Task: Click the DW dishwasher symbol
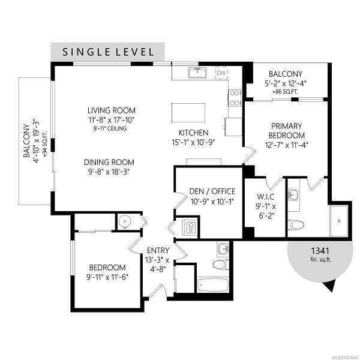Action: click(x=221, y=73)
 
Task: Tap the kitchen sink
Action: click(x=197, y=73)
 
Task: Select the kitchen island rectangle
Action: click(x=188, y=113)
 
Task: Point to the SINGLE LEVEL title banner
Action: click(x=107, y=52)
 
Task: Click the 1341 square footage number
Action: click(x=320, y=251)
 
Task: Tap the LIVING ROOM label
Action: click(x=112, y=110)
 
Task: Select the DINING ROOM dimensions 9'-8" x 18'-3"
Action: click(x=109, y=172)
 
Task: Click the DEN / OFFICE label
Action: click(x=212, y=191)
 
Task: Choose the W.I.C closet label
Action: click(x=265, y=197)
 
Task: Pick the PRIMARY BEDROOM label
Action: click(x=286, y=131)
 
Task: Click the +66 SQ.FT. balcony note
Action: click(x=285, y=92)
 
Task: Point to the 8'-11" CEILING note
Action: click(x=110, y=128)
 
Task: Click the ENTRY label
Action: click(x=158, y=250)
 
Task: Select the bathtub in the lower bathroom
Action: click(x=212, y=284)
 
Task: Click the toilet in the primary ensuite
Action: click(x=296, y=224)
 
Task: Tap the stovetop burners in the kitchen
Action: click(x=235, y=98)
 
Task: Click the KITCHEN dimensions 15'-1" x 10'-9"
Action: click(x=193, y=143)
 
